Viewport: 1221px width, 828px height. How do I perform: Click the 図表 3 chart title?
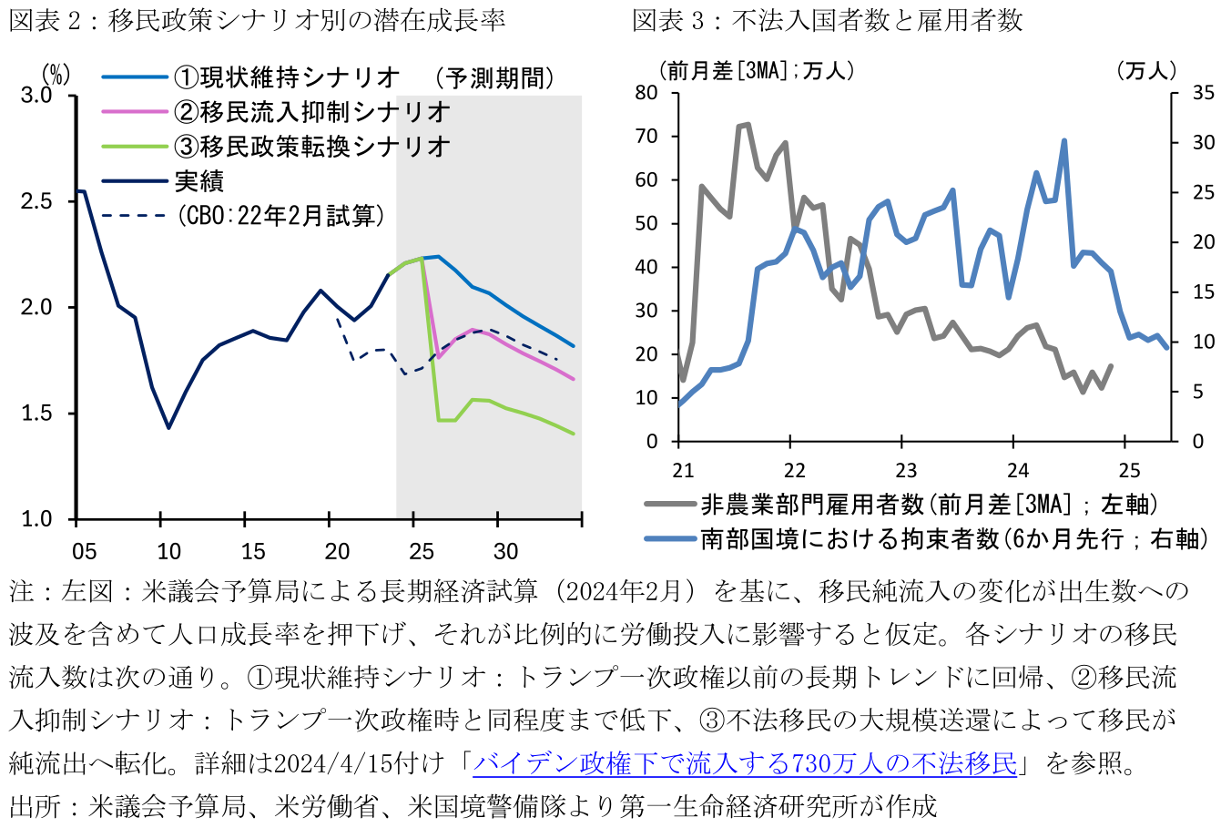point(828,20)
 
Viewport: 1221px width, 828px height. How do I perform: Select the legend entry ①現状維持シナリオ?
point(287,77)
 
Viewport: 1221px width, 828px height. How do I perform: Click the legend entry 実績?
point(198,180)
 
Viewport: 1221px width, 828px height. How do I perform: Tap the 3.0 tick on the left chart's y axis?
point(36,95)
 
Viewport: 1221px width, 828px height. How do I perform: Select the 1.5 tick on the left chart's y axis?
point(36,414)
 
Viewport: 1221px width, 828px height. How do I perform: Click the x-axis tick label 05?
point(84,550)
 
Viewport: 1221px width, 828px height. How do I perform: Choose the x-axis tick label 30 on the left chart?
point(505,550)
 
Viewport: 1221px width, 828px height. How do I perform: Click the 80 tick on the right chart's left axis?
point(646,93)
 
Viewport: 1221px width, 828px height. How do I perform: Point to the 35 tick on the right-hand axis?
point(1203,93)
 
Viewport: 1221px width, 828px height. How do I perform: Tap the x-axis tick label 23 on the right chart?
point(905,470)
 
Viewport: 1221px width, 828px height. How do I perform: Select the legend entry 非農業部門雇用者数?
point(928,504)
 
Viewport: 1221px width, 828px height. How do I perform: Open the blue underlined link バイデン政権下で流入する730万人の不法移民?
point(744,763)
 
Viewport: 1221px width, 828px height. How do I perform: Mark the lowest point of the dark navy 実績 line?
point(168,427)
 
